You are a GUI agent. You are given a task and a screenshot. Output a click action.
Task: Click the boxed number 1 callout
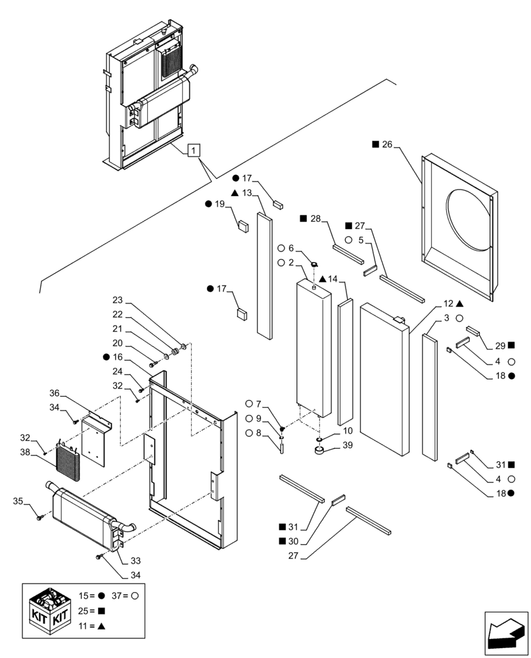[x=192, y=151]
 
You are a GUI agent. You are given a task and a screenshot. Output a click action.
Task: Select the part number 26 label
[x=386, y=144]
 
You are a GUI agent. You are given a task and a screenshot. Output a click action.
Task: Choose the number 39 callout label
[x=348, y=445]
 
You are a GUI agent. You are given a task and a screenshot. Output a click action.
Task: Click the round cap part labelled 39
[x=321, y=451]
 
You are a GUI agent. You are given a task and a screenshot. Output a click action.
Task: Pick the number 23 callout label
[x=118, y=300]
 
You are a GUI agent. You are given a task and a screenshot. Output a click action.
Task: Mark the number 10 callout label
[x=347, y=430]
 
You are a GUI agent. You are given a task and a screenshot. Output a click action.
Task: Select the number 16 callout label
[x=118, y=357]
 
